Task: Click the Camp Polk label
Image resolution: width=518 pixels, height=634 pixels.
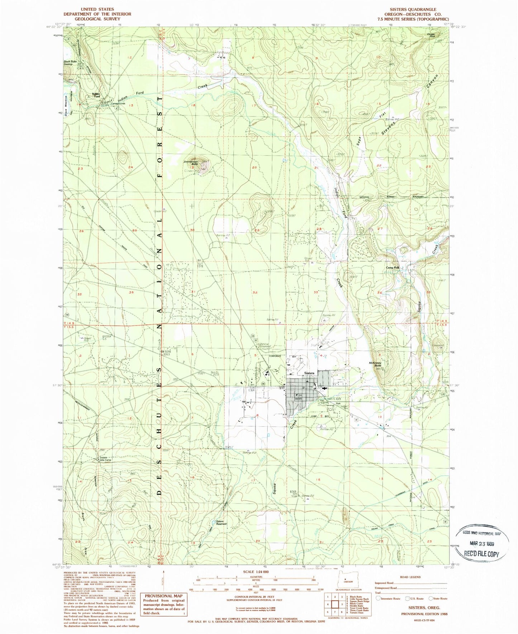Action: tap(392, 268)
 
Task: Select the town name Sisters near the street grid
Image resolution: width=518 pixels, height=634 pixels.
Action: tap(309, 373)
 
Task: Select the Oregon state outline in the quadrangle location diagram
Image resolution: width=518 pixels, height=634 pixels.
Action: tap(347, 581)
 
